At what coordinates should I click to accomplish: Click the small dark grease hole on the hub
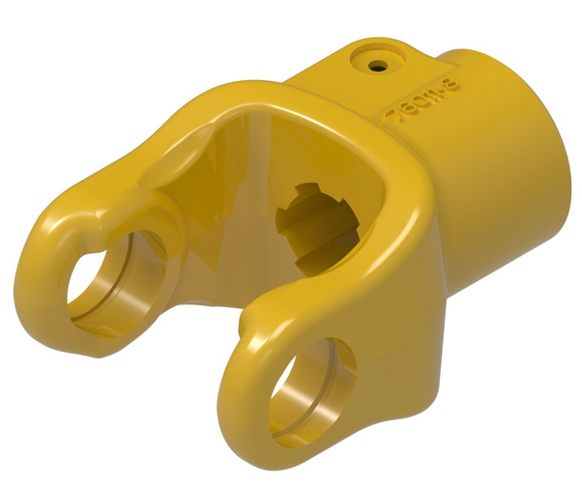tap(375, 65)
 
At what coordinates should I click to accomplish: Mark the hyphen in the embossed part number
tap(442, 91)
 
